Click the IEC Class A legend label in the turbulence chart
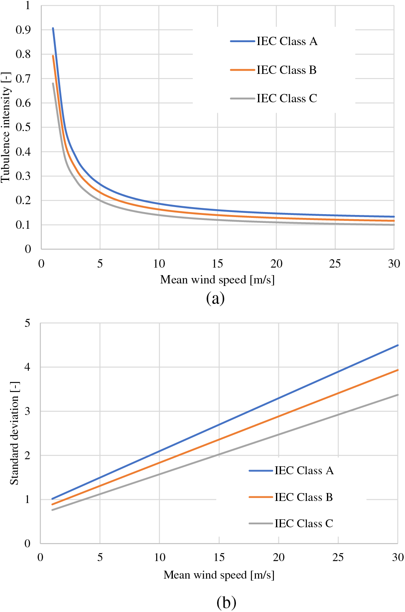pyautogui.click(x=287, y=41)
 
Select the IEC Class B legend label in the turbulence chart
pyautogui.click(x=286, y=70)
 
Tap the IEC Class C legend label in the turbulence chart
pyautogui.click(x=287, y=99)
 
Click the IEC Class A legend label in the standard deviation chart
pyautogui.click(x=304, y=471)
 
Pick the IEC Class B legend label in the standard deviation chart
pyautogui.click(x=304, y=497)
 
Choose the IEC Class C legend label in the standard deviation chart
pyautogui.click(x=304, y=523)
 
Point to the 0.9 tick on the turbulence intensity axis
pyautogui.click(x=23, y=30)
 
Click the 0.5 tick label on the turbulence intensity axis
pyautogui.click(x=23, y=127)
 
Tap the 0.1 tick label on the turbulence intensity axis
pyautogui.click(x=23, y=225)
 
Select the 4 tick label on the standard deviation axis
pyautogui.click(x=28, y=367)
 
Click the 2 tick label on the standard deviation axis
pyautogui.click(x=28, y=455)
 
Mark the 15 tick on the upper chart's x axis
pyautogui.click(x=218, y=264)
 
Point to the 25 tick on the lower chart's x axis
pyautogui.click(x=338, y=557)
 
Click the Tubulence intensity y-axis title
pyautogui.click(x=6, y=127)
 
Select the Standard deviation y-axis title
pyautogui.click(x=15, y=433)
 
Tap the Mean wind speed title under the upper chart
pyautogui.click(x=218, y=280)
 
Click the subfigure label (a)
pyautogui.click(x=215, y=298)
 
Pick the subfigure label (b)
pyautogui.click(x=226, y=602)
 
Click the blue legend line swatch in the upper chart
pyautogui.click(x=243, y=41)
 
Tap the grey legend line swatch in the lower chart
pyautogui.click(x=261, y=523)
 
